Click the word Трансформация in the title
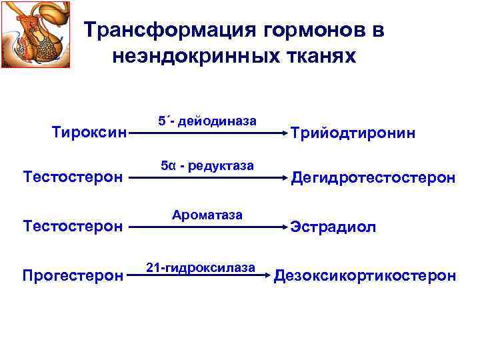click(x=164, y=31)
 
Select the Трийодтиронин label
click(x=353, y=133)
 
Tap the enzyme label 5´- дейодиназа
click(x=207, y=121)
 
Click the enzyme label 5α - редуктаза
click(x=207, y=165)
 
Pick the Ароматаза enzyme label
click(x=207, y=215)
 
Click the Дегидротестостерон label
click(x=373, y=178)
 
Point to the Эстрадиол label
click(x=333, y=227)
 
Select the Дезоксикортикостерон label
click(x=365, y=275)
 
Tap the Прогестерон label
click(x=73, y=275)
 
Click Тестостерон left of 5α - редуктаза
click(x=73, y=178)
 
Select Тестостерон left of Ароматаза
click(x=73, y=227)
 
